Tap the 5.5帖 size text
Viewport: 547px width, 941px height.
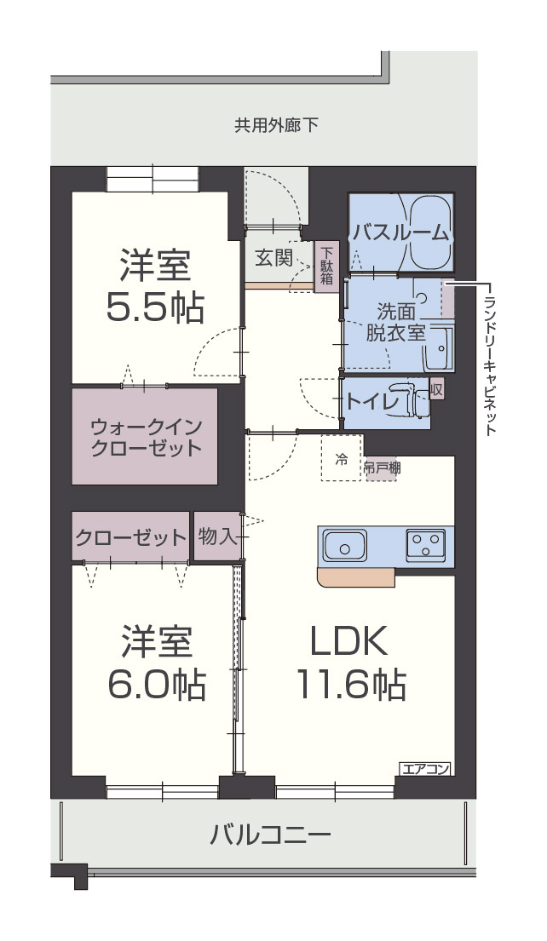[155, 307]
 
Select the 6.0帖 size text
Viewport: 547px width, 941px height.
[157, 684]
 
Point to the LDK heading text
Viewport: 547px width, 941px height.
[349, 642]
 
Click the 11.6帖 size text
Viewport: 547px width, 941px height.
[350, 684]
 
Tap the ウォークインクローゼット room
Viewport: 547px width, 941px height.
[146, 437]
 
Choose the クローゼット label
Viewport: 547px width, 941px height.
[130, 537]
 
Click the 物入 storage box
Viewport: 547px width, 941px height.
[216, 536]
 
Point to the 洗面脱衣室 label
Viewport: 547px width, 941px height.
[395, 322]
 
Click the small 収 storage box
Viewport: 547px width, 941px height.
[436, 389]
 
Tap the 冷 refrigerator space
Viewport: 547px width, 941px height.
[341, 461]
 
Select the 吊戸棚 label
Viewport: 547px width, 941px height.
[382, 467]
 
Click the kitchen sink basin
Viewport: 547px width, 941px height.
[344, 546]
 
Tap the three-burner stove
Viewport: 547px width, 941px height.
[425, 545]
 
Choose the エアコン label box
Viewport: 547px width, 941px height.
[424, 769]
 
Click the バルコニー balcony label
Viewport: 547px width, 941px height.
[270, 834]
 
